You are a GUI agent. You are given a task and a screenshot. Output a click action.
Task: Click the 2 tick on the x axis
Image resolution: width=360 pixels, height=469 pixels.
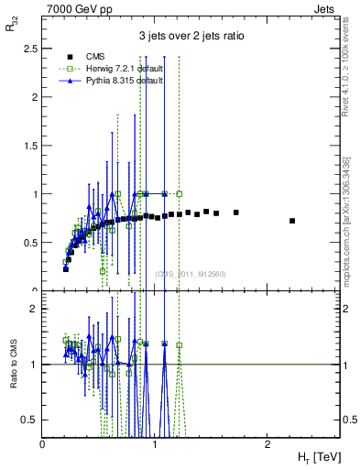pos(267,443)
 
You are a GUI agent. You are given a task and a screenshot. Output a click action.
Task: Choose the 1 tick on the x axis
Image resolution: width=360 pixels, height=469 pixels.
pos(155,443)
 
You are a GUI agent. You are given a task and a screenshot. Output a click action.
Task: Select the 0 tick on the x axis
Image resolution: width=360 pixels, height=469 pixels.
pos(43,443)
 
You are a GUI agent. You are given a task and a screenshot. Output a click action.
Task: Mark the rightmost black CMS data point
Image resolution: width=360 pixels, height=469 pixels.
pos(292,221)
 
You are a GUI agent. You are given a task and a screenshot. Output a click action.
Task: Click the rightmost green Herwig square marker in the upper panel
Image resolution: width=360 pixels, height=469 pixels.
pos(180,193)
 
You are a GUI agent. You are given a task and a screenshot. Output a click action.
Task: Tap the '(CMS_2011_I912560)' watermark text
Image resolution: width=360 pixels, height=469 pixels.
pos(191,273)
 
